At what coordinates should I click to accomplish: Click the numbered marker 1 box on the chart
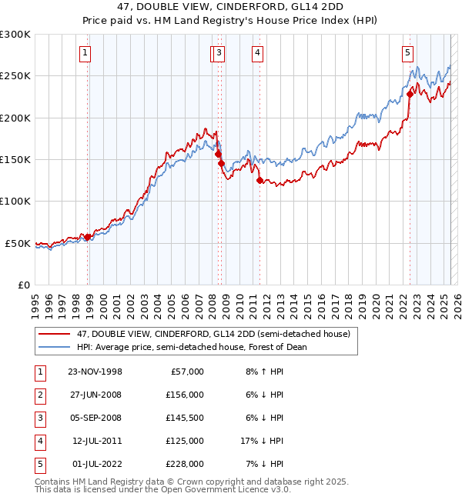pyautogui.click(x=84, y=53)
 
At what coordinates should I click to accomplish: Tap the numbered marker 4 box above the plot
pyautogui.click(x=256, y=53)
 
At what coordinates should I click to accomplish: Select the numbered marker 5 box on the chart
pyautogui.click(x=407, y=53)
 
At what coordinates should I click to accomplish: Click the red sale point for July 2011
pyautogui.click(x=259, y=181)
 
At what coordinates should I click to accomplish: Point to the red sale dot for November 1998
pyautogui.click(x=88, y=237)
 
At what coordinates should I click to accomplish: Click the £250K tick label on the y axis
pyautogui.click(x=15, y=76)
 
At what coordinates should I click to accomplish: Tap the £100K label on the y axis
pyautogui.click(x=15, y=201)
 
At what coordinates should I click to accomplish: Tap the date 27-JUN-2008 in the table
pyautogui.click(x=95, y=395)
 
